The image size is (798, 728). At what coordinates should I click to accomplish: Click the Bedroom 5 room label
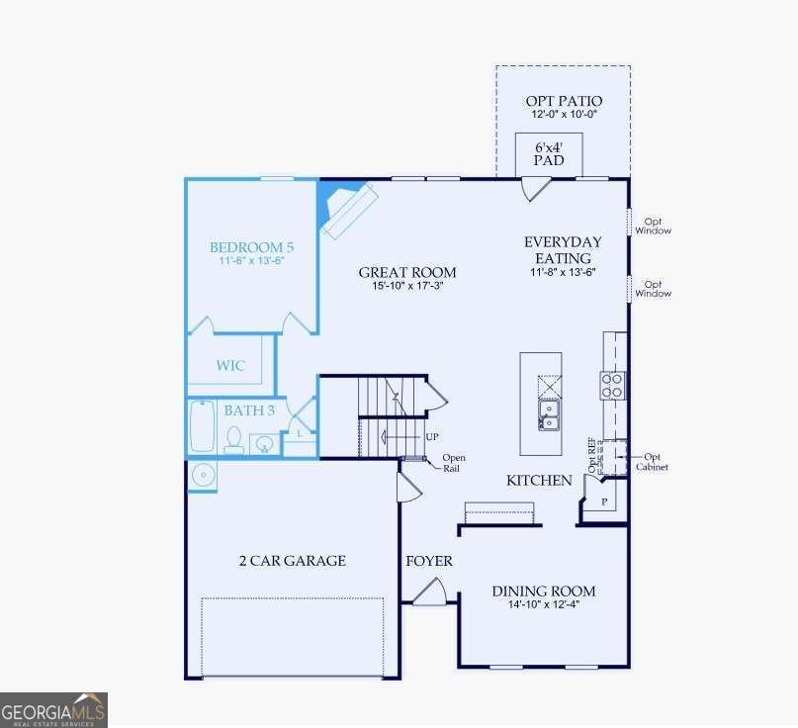251,247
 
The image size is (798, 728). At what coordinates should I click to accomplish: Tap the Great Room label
407,272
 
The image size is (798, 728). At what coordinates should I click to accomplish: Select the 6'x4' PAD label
549,153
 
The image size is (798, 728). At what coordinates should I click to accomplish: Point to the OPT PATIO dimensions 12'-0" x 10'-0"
564,114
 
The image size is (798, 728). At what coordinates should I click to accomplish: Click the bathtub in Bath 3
203,426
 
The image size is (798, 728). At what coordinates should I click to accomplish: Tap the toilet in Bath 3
234,440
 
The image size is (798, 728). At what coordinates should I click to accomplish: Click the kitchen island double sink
549,414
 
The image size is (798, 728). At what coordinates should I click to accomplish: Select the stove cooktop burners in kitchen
612,386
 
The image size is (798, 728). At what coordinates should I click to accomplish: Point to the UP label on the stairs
432,437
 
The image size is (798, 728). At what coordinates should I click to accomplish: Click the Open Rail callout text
454,463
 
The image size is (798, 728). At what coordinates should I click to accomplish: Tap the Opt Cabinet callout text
652,462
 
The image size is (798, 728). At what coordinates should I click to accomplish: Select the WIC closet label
230,365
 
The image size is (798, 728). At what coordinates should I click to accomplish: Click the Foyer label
429,561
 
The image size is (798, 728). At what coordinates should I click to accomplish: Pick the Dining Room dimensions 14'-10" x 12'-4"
544,604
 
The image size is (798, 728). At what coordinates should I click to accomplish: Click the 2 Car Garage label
293,561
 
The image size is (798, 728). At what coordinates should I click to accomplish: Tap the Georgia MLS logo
53,709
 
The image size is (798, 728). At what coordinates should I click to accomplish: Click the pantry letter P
604,501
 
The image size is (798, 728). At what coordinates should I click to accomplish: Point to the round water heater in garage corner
203,476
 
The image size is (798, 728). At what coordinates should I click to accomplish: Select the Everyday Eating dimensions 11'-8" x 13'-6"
563,272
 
